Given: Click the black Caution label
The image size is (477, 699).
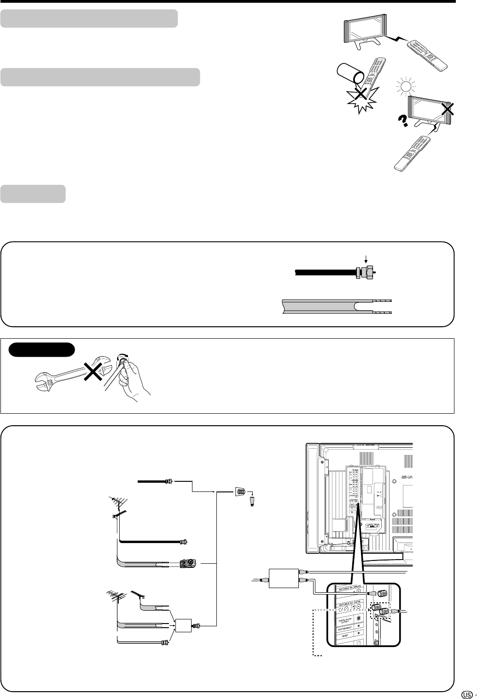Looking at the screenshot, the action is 41,349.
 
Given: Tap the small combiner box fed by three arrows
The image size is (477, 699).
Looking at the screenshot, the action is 184,626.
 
